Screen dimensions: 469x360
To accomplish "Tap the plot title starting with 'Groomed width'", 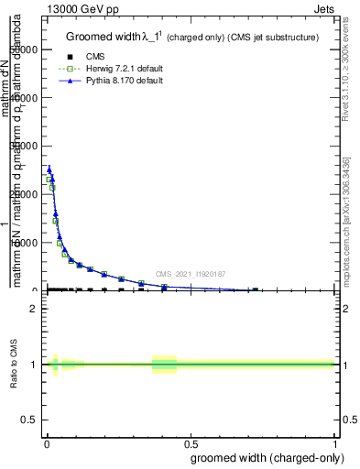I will tap(191, 38).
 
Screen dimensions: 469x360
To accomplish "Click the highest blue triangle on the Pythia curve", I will tap(49, 169).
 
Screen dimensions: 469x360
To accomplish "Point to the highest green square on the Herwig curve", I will tap(49, 180).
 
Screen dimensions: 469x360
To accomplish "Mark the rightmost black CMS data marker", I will tap(256, 289).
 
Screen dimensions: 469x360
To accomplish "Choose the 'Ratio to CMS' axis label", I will tap(14, 365).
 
